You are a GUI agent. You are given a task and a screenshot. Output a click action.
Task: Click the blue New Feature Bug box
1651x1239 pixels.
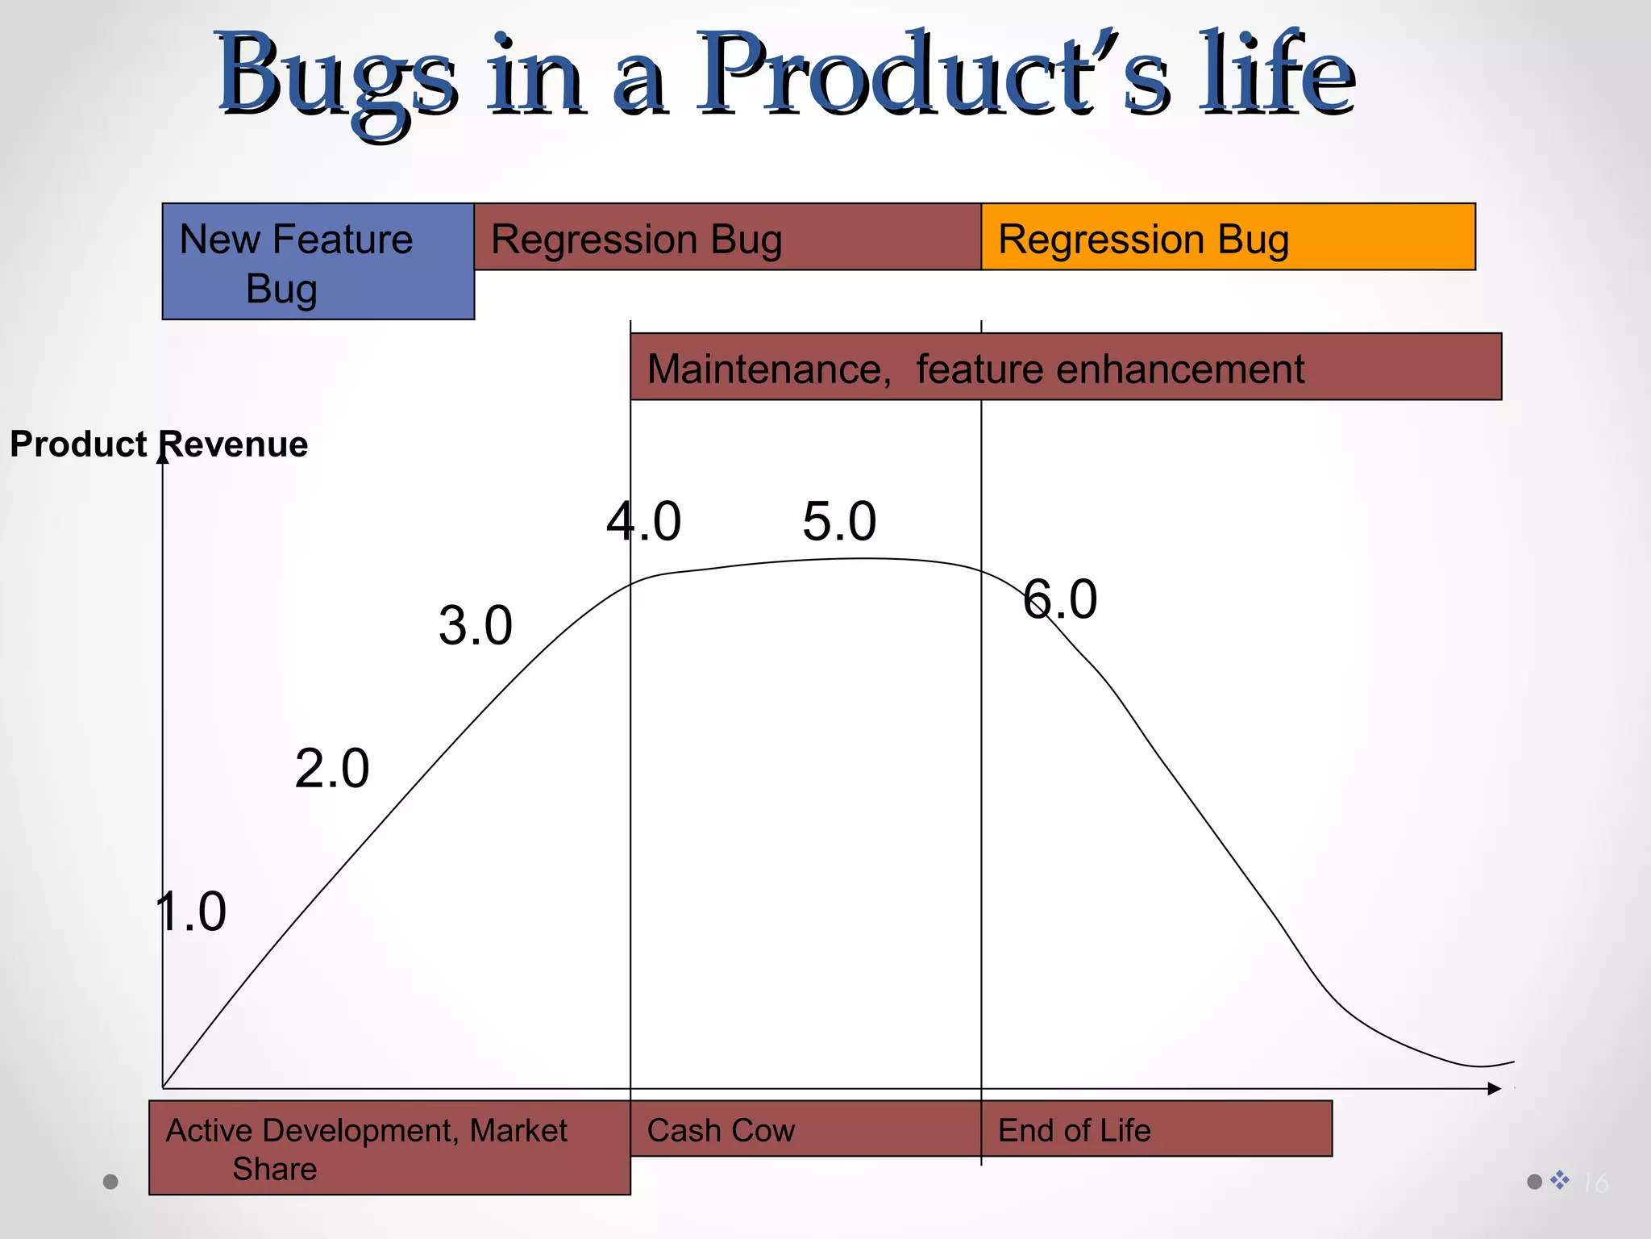tap(318, 261)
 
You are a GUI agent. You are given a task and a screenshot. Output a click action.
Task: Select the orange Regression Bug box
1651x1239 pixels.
tap(1227, 237)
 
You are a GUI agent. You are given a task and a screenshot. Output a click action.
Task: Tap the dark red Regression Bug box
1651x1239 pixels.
tap(727, 237)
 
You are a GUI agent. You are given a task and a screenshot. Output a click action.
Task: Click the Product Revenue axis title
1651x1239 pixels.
tap(158, 444)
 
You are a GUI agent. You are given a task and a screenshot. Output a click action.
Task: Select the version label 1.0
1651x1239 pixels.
tap(191, 912)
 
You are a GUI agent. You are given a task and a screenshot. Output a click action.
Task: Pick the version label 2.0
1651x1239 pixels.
tap(331, 768)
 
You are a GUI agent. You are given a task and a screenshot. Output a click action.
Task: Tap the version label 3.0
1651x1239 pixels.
tap(475, 625)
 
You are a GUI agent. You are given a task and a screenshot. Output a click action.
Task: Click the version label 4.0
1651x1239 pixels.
tap(643, 521)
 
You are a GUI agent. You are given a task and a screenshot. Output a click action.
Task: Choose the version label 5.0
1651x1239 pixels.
tap(838, 521)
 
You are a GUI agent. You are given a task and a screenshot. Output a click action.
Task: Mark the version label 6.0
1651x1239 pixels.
tap(1059, 599)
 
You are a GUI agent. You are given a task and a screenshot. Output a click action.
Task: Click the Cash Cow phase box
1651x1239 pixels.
tap(805, 1129)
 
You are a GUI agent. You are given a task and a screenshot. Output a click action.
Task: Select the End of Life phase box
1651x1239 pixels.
tap(1155, 1129)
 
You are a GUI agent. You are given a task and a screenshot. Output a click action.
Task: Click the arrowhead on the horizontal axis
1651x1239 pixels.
tap(1494, 1089)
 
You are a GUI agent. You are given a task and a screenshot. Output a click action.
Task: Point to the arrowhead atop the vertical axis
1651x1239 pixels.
tap(162, 457)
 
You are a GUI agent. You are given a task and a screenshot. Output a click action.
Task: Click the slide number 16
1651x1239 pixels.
tap(1595, 1183)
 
